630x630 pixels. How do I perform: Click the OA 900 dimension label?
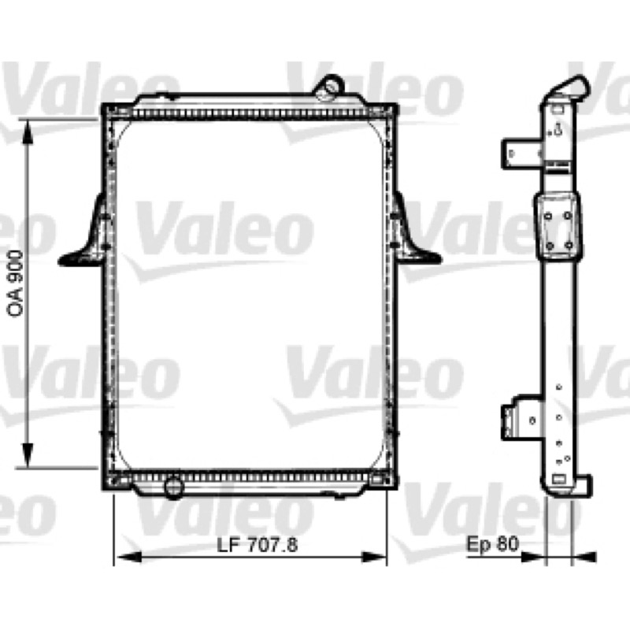click(15, 283)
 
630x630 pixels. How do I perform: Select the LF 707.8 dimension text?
click(258, 545)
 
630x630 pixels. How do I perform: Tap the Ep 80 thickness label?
click(493, 544)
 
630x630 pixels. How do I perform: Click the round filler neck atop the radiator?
click(330, 87)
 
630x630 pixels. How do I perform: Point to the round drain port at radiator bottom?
click(174, 487)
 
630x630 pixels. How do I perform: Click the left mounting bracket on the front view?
click(87, 237)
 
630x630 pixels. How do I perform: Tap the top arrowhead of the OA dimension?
click(27, 131)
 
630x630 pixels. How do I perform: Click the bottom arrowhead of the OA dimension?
click(27, 455)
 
